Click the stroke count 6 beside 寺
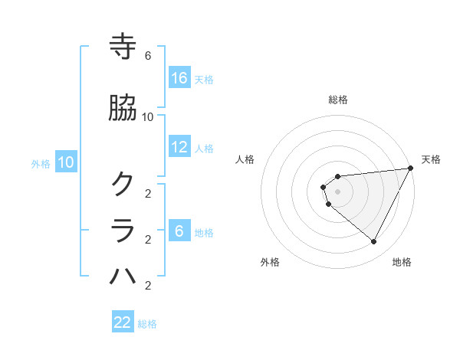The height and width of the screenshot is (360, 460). point(148,56)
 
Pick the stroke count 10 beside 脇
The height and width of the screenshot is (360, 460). point(148,116)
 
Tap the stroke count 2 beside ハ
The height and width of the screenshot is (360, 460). point(148,286)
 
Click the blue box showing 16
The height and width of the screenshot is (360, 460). point(179,78)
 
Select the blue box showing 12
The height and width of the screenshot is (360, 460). point(179,147)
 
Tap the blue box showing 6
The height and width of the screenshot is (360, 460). point(179,231)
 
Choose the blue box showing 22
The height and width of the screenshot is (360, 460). point(123,322)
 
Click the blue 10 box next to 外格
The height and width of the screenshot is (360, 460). point(66,162)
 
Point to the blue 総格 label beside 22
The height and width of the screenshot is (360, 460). point(147,324)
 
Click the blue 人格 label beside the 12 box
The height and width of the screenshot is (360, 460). point(204,148)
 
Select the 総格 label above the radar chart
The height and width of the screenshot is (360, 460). point(338,100)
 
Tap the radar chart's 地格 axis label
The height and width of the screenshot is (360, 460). point(402,262)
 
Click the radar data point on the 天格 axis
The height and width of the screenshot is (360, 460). point(411,169)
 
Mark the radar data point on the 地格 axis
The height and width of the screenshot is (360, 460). point(374,242)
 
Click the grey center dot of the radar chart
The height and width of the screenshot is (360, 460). point(338,191)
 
